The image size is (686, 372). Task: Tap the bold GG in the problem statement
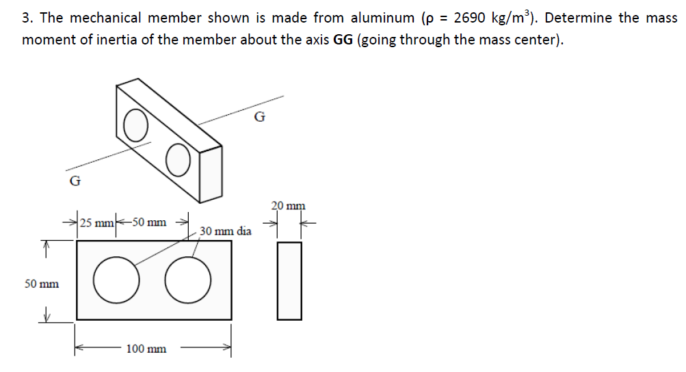(343, 40)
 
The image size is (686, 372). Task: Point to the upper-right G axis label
(259, 116)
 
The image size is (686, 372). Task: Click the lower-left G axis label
(75, 181)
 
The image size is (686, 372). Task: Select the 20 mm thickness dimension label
(288, 205)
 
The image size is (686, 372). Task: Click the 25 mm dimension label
(96, 222)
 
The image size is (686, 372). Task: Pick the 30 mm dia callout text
(226, 231)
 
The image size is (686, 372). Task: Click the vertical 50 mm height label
(41, 283)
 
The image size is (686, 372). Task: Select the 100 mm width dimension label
(146, 349)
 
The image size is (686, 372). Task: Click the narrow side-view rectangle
(289, 280)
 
